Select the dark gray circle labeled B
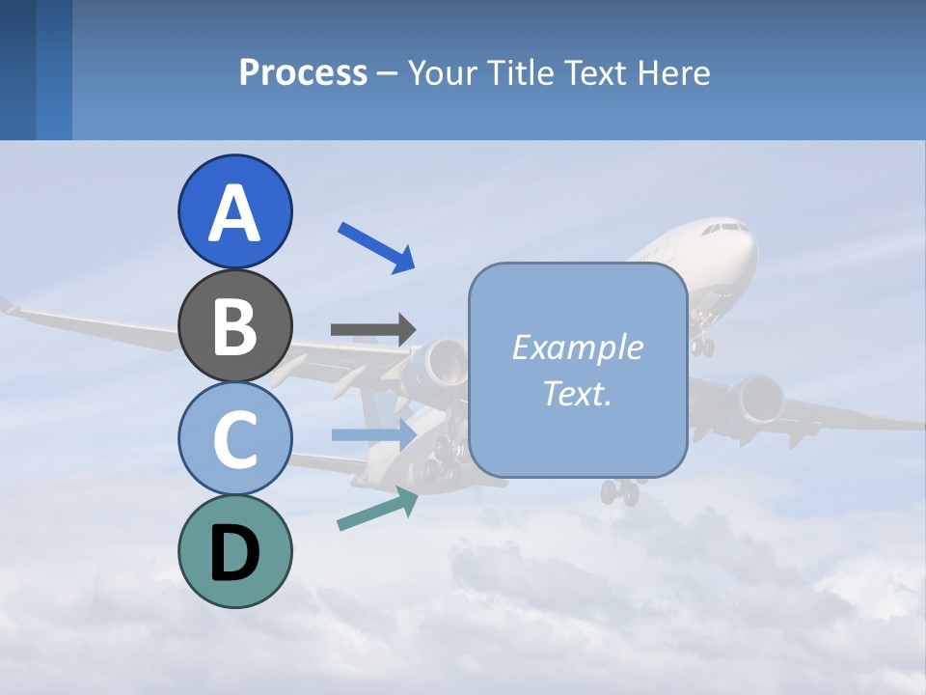click(x=234, y=326)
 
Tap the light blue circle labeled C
click(x=234, y=438)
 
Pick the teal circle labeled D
click(x=234, y=551)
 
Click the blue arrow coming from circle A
click(x=376, y=247)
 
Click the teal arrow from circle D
click(x=377, y=509)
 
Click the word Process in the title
click(x=303, y=72)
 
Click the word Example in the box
click(x=577, y=347)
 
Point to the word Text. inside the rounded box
click(x=577, y=393)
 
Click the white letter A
click(x=234, y=213)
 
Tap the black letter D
click(x=234, y=553)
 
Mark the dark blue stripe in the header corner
click(x=17, y=69)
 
